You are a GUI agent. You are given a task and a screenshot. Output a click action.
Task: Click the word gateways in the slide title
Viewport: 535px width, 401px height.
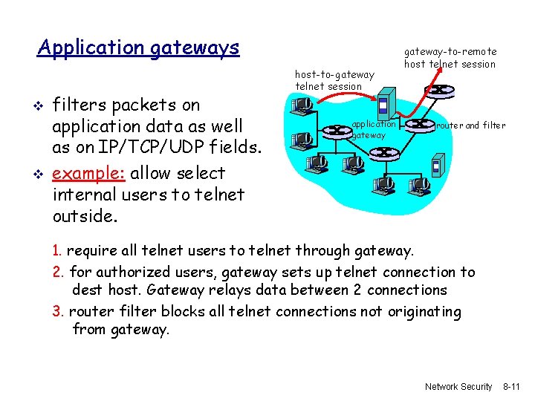pyautogui.click(x=195, y=48)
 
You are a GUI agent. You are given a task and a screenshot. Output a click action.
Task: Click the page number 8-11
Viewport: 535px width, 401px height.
pyautogui.click(x=513, y=387)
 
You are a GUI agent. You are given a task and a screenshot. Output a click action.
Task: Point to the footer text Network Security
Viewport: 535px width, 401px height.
pyautogui.click(x=458, y=387)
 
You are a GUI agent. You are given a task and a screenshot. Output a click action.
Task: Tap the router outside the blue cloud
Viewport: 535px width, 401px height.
pyautogui.click(x=440, y=91)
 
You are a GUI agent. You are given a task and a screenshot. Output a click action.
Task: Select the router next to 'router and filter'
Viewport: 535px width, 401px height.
pyautogui.click(x=421, y=125)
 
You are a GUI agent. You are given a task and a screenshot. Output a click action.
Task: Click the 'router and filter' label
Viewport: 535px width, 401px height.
pyautogui.click(x=471, y=125)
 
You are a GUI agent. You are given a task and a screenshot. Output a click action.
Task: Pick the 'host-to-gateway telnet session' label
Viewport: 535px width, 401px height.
pyautogui.click(x=334, y=80)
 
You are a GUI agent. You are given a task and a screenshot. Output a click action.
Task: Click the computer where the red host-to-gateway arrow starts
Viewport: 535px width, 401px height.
pyautogui.click(x=302, y=108)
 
